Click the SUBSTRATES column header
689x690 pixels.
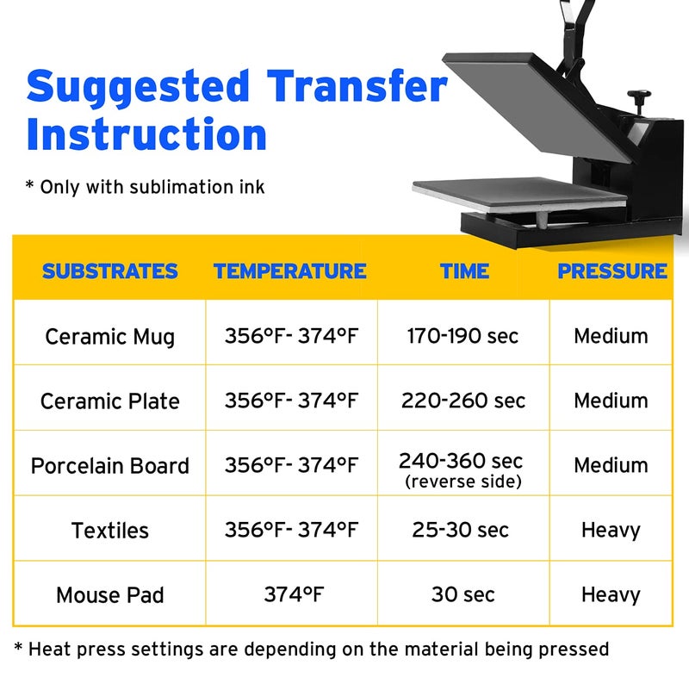(x=109, y=271)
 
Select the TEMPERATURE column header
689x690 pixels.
(x=290, y=271)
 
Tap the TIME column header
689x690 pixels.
(x=463, y=271)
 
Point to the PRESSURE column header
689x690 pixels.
(x=611, y=271)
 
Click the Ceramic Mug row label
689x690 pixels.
(x=109, y=336)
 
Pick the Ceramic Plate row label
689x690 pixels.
(x=109, y=401)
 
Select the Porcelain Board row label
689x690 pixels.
(x=109, y=466)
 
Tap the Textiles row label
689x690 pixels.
(x=109, y=531)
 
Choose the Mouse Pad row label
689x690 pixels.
(x=109, y=595)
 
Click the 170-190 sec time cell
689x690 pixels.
(x=463, y=336)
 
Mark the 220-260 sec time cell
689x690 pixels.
(x=463, y=401)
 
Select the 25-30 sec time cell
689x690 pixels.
(x=460, y=530)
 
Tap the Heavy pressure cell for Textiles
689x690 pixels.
(x=611, y=530)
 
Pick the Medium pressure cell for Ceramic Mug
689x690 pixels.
(x=611, y=336)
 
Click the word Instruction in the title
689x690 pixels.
(x=146, y=135)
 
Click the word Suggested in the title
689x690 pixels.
(x=138, y=87)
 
